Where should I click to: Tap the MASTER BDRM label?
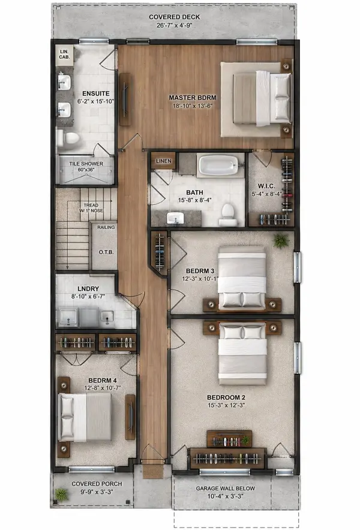pos(192,98)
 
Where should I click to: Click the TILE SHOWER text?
pos(85,163)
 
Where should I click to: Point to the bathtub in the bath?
pos(220,165)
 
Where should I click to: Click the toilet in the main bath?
pos(227,212)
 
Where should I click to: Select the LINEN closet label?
pos(163,161)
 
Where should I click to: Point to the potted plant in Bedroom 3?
pos(280,240)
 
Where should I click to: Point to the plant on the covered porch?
pos(61,495)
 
